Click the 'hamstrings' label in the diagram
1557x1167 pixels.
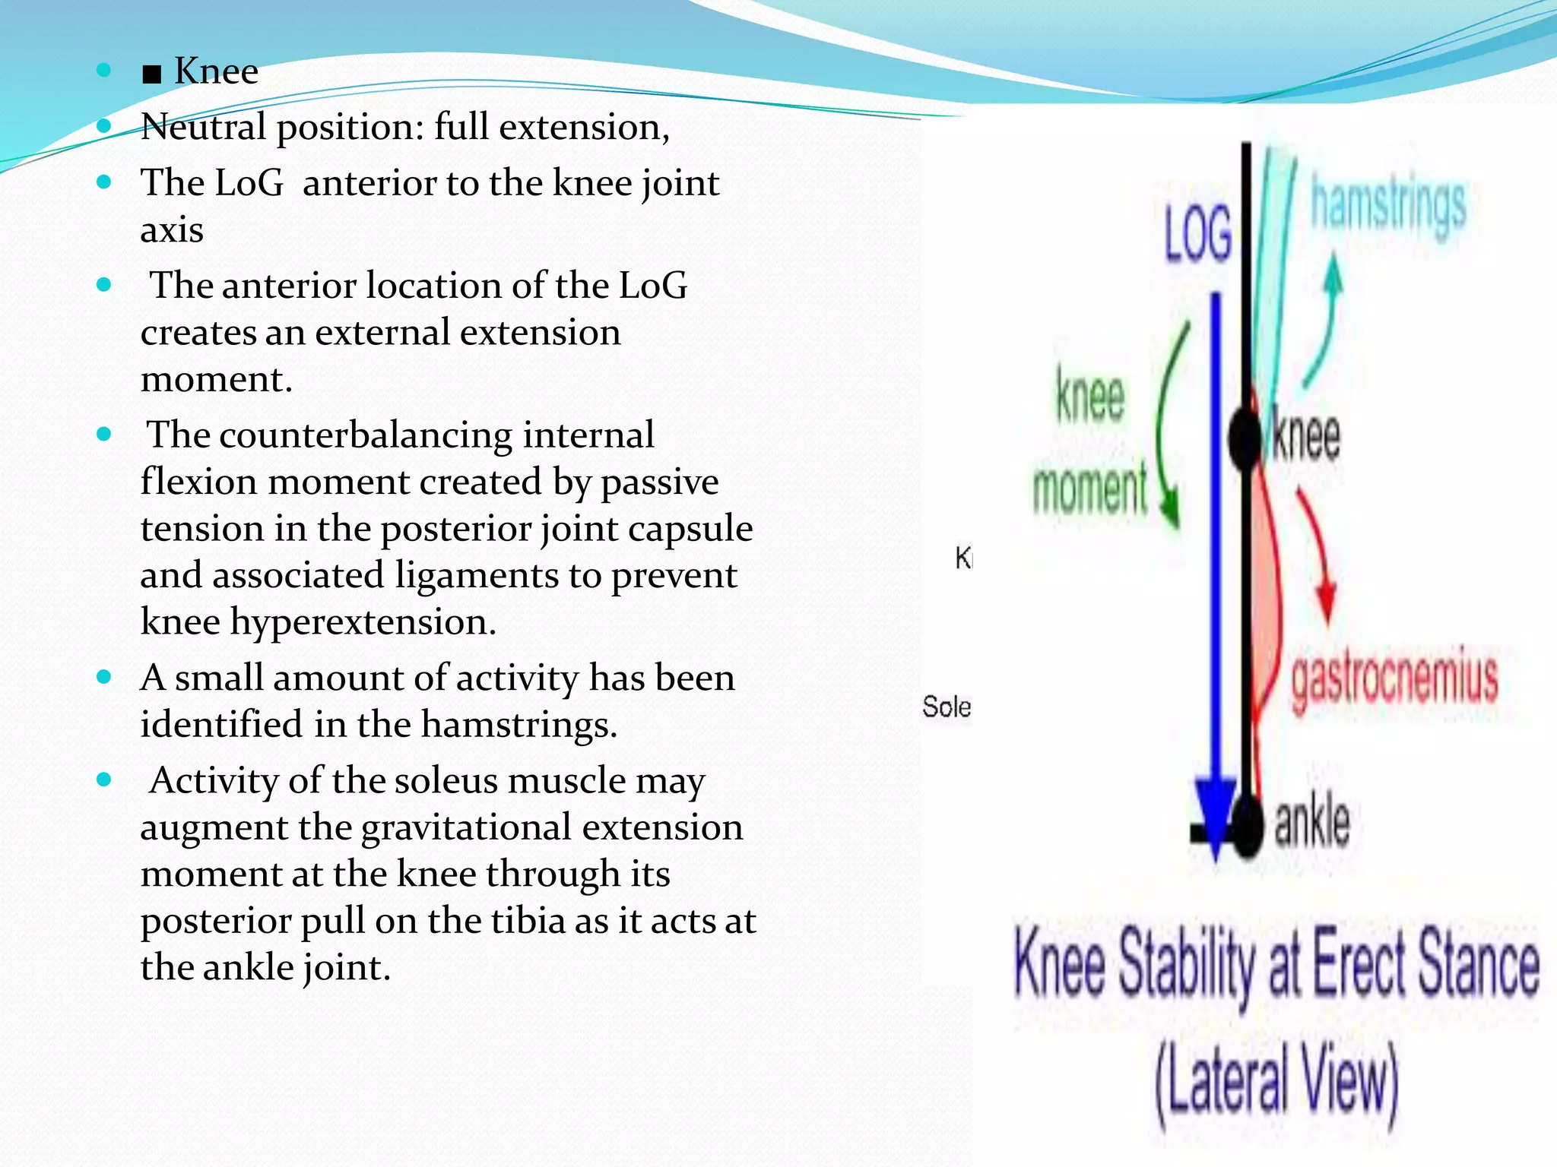point(1388,205)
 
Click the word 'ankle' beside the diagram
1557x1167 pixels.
point(1312,824)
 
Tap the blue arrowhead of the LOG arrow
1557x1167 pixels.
point(1216,813)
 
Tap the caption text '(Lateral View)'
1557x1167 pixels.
point(1277,1082)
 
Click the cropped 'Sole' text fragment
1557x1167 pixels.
point(947,707)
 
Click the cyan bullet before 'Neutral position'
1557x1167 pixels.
point(105,126)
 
